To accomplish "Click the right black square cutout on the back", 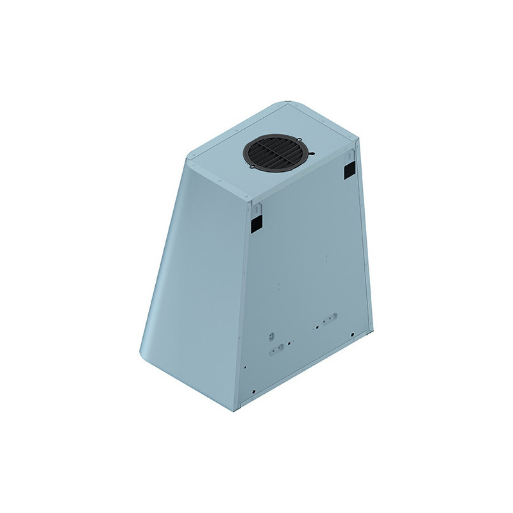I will [349, 168].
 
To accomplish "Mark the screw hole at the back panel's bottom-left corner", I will [255, 391].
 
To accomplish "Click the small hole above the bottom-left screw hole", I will [246, 367].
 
